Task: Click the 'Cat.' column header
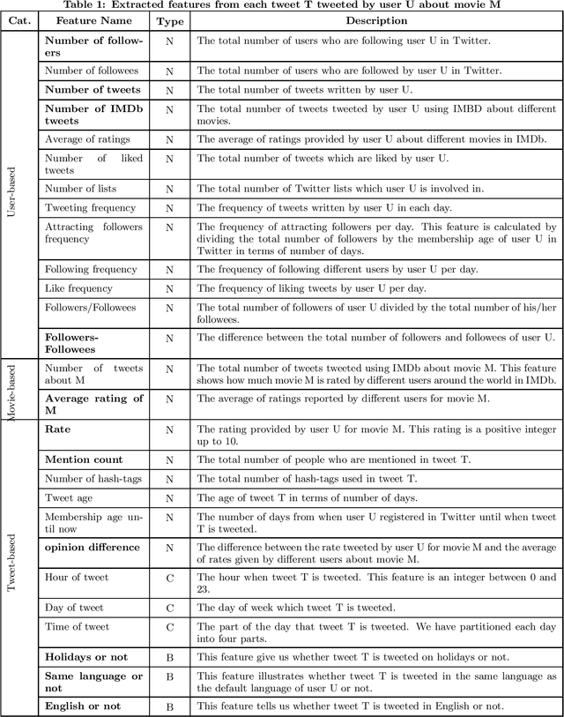[19, 20]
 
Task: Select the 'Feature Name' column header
[93, 20]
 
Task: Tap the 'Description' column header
[376, 20]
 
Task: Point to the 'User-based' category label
[11, 193]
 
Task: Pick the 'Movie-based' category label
[11, 391]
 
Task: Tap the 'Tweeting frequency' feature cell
[91, 207]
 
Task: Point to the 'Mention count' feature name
[84, 459]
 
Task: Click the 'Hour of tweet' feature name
[77, 578]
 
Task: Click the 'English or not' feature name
[83, 706]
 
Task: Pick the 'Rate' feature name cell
[58, 429]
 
